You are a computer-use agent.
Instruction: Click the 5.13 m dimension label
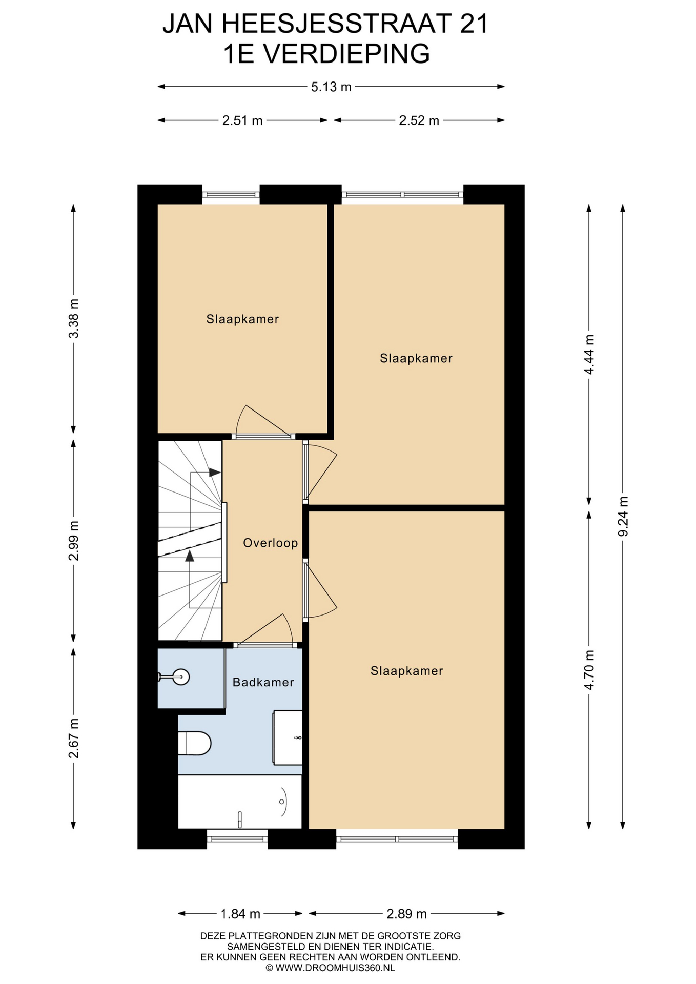pyautogui.click(x=331, y=87)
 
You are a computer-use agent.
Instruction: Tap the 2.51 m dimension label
pyautogui.click(x=242, y=120)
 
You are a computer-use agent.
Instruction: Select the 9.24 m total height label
pyautogui.click(x=623, y=516)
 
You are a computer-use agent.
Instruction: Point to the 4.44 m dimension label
pyautogui.click(x=589, y=354)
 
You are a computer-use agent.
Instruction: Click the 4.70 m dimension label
pyautogui.click(x=589, y=669)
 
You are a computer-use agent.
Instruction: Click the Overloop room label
pyautogui.click(x=271, y=543)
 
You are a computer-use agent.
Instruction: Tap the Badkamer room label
pyautogui.click(x=263, y=682)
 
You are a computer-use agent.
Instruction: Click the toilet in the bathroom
pyautogui.click(x=194, y=743)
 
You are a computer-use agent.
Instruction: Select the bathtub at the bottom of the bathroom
pyautogui.click(x=240, y=802)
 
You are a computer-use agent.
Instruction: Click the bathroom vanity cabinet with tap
pyautogui.click(x=288, y=737)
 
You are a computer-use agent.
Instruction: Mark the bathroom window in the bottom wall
pyautogui.click(x=237, y=839)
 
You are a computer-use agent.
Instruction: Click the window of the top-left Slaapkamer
pyautogui.click(x=231, y=195)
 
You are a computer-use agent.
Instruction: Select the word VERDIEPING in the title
pyautogui.click(x=346, y=54)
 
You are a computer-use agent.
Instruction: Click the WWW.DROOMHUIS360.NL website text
pyautogui.click(x=335, y=968)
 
